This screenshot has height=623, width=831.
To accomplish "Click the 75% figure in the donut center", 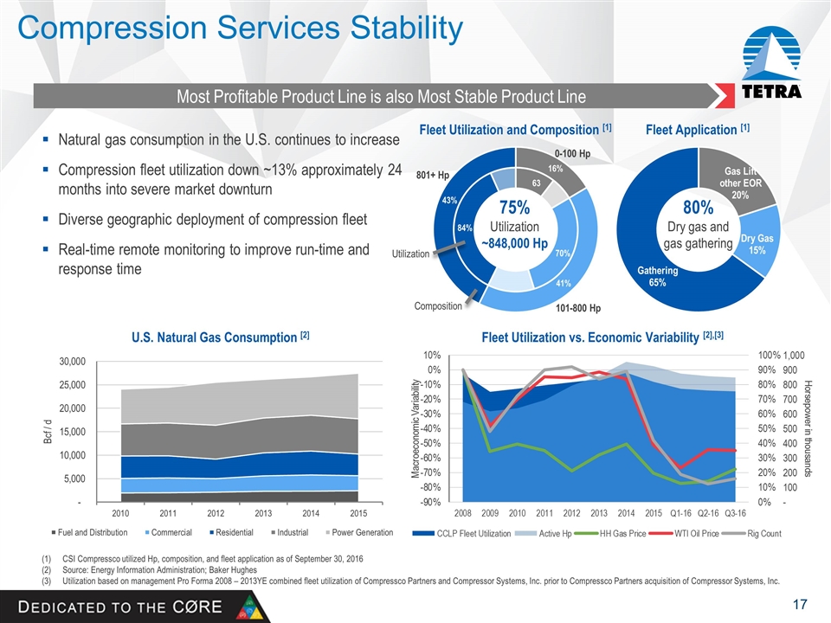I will [518, 208].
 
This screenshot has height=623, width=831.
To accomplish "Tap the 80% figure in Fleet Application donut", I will [698, 208].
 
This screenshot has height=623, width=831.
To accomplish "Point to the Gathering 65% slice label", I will [658, 277].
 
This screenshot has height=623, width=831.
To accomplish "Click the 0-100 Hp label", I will [572, 154].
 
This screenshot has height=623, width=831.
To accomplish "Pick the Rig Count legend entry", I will [764, 533].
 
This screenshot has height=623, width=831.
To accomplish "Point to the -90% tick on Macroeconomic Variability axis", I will [429, 502].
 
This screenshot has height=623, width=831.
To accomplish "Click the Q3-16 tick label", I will [735, 513].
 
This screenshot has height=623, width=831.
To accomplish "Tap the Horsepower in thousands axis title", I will [808, 428].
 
